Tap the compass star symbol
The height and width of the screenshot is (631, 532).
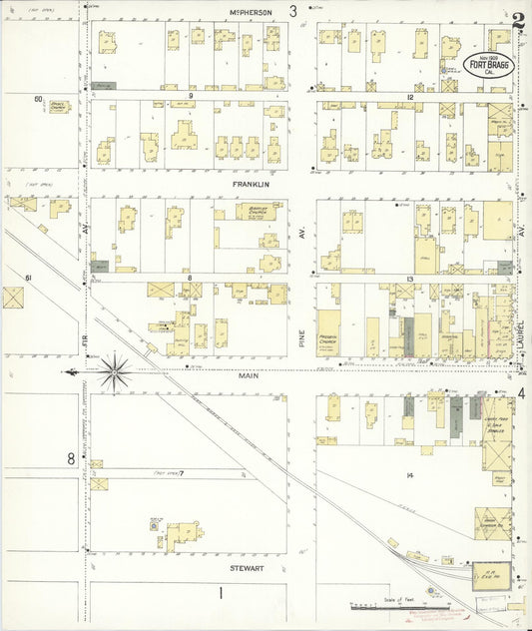pos(115,372)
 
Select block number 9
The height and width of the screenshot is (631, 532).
pos(190,97)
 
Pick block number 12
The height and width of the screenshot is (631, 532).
pos(409,97)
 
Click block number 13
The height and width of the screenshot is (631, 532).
pos(409,279)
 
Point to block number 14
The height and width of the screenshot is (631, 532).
pos(409,474)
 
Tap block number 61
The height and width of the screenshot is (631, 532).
pos(30,277)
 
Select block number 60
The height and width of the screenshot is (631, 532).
pos(38,99)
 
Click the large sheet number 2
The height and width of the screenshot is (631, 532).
pos(518,20)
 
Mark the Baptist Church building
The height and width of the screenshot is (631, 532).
pos(236,214)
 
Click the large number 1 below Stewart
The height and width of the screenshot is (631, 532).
pos(221,593)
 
